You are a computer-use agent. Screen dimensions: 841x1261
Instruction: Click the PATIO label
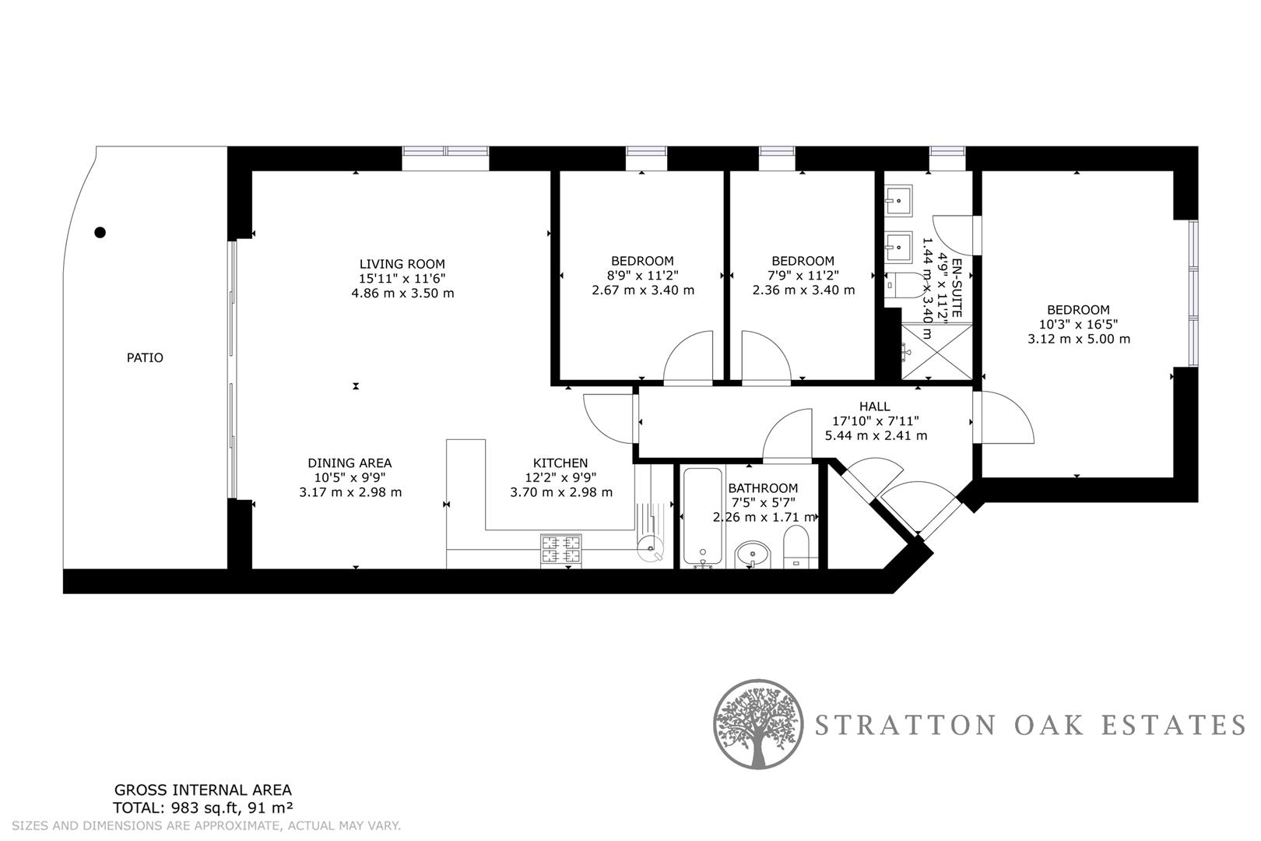point(145,358)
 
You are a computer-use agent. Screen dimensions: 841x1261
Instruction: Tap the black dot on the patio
point(100,232)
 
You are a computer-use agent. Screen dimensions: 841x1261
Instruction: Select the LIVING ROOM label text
point(402,264)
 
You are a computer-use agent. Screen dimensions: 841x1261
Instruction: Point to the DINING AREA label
point(349,463)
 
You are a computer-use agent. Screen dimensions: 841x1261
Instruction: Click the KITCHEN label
point(560,463)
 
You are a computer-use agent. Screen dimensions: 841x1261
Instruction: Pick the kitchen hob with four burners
point(561,551)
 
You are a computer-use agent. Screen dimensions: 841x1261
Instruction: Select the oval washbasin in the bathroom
point(752,554)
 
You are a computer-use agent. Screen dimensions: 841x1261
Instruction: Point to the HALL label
point(874,406)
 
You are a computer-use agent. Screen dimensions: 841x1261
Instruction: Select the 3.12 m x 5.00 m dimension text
point(1079,340)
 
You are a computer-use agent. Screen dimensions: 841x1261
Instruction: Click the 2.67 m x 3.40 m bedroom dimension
point(643,290)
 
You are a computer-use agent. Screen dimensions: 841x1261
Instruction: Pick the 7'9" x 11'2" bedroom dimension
point(803,276)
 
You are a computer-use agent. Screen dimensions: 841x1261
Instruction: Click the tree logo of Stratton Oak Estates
point(757,724)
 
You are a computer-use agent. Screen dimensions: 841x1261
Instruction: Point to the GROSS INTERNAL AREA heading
point(203,790)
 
